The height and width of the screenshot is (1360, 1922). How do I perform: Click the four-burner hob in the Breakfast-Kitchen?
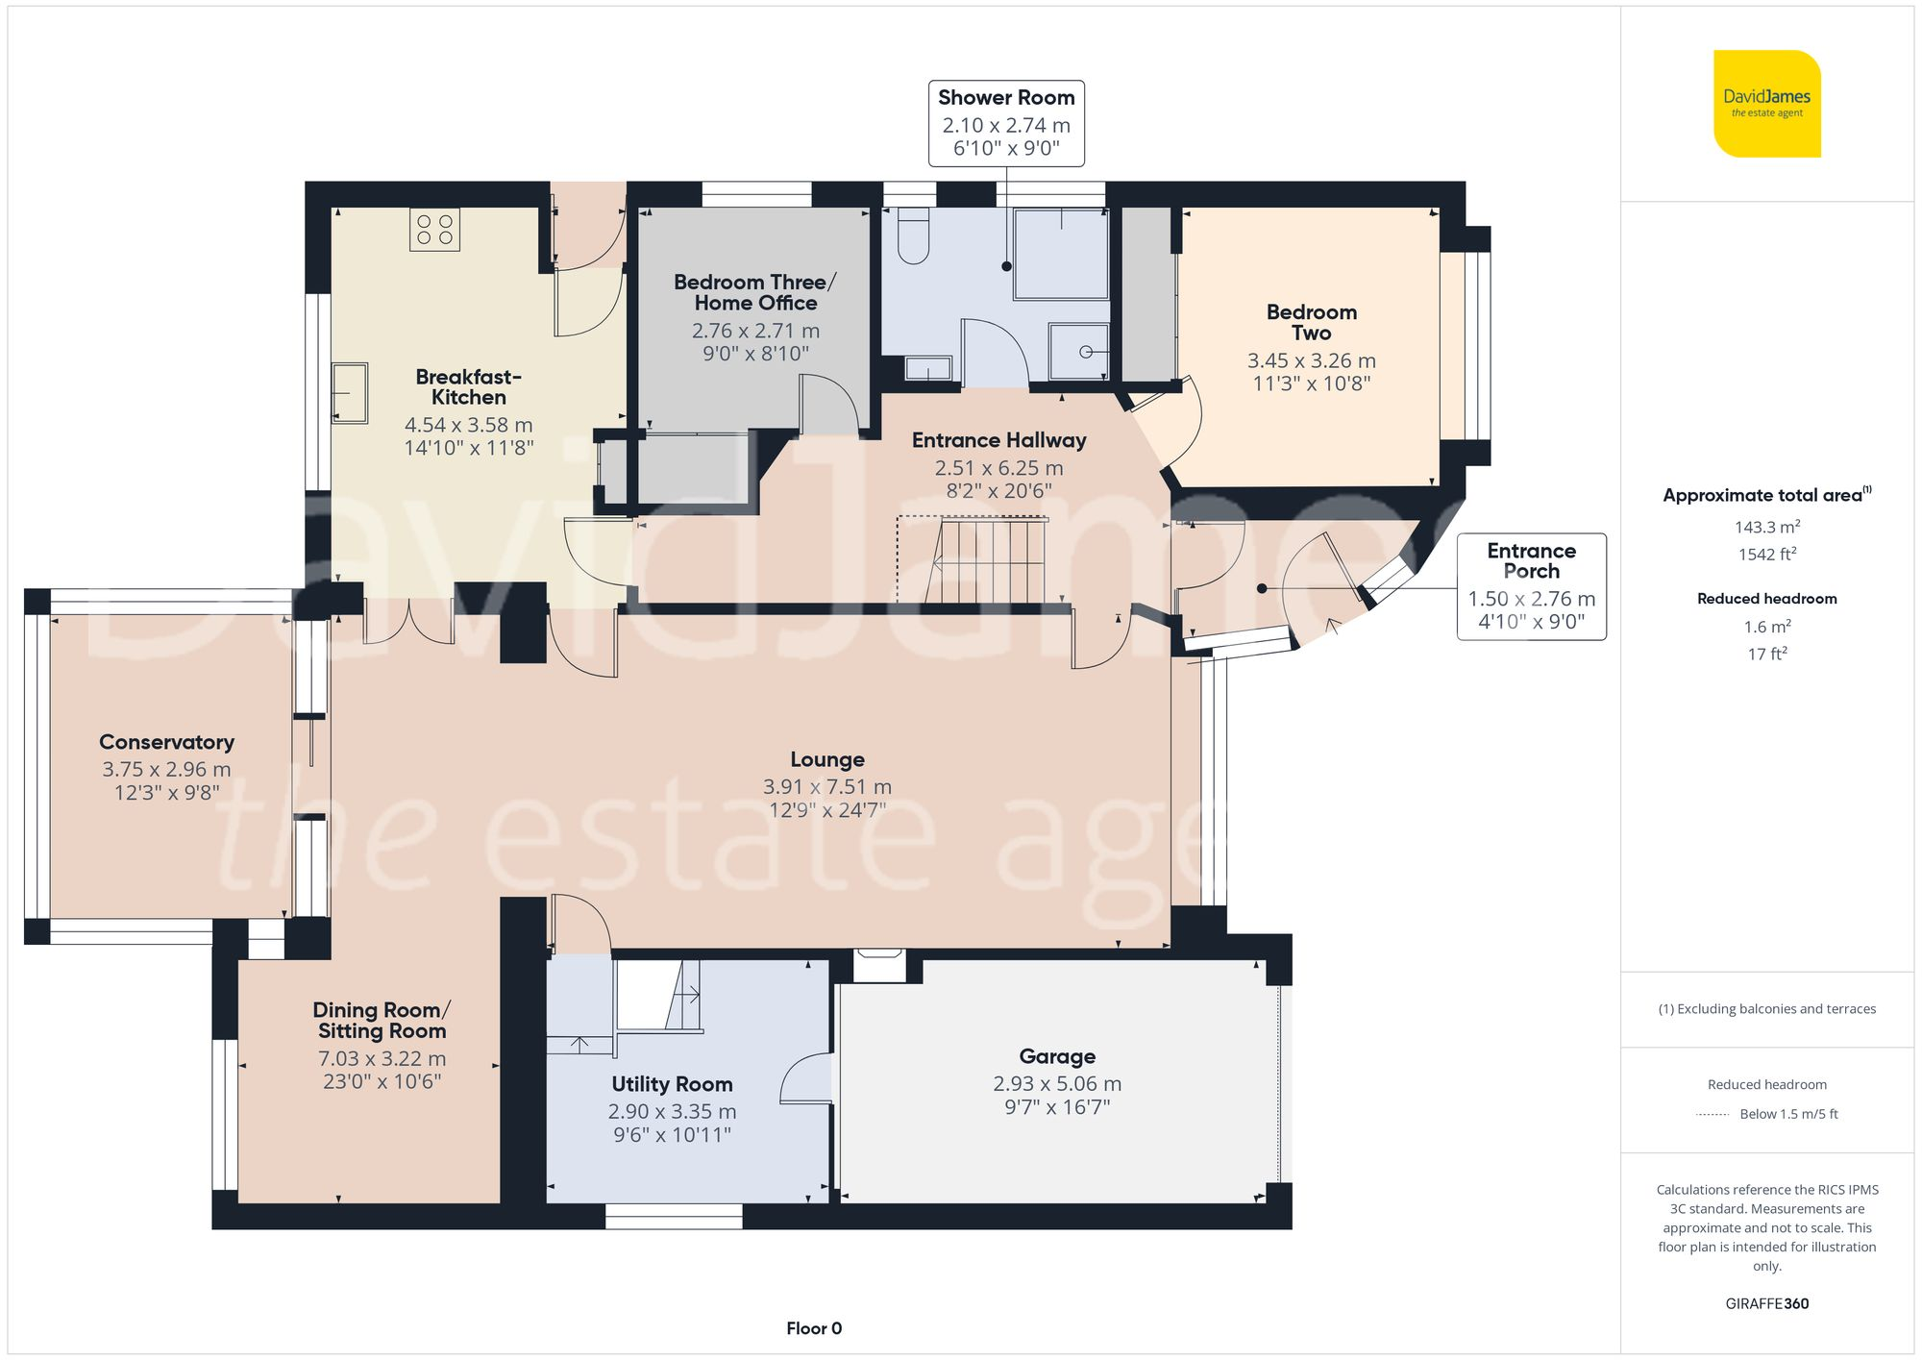tap(434, 230)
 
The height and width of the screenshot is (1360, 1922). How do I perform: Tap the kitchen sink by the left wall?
tap(350, 392)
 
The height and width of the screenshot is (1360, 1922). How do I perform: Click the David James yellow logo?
tap(1767, 104)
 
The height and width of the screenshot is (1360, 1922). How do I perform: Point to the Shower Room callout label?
tap(1006, 123)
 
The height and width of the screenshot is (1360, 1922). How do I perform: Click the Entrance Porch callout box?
tap(1531, 586)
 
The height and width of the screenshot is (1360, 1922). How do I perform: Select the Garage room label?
tap(1057, 1056)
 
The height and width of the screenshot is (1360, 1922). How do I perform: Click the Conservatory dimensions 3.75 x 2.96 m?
tap(167, 770)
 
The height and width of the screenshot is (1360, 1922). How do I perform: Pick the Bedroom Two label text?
tap(1312, 322)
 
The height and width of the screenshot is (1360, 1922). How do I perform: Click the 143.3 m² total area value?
tap(1767, 527)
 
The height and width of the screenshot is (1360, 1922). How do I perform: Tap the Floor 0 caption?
tap(814, 1328)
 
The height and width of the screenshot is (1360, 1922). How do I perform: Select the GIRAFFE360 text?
tap(1767, 1304)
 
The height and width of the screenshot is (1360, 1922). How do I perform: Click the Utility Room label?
tap(672, 1084)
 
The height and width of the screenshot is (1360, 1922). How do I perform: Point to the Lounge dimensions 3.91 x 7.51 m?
tap(827, 787)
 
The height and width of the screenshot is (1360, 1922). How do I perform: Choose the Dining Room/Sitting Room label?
tap(382, 1021)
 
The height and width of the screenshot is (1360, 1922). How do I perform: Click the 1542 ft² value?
tap(1767, 555)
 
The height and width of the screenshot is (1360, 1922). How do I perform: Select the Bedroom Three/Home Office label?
tap(755, 292)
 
